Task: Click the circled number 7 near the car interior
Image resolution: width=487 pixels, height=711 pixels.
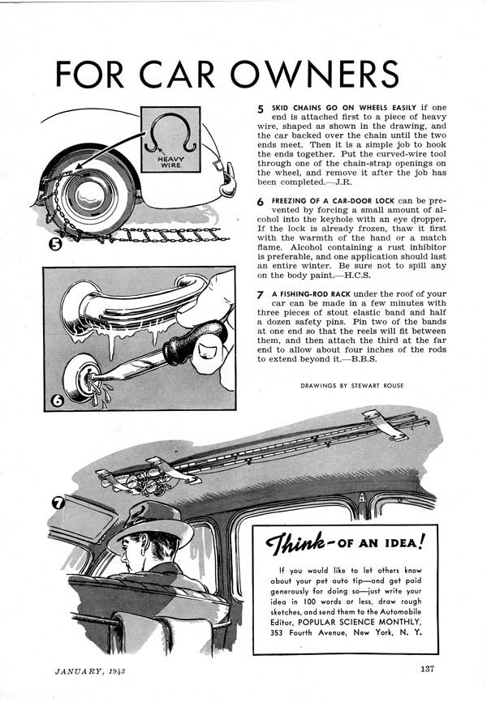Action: (59, 503)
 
